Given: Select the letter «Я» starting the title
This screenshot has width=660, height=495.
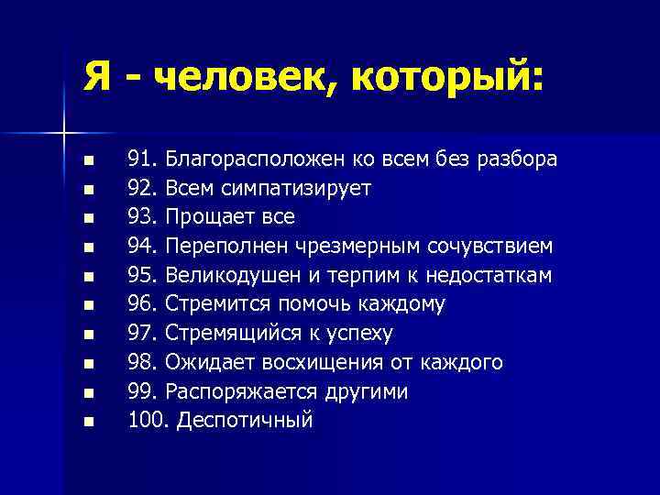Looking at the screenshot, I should coord(99,76).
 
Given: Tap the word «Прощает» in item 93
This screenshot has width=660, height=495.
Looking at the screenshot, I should coord(210,217).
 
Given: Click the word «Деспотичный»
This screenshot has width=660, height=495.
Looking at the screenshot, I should coord(245,421).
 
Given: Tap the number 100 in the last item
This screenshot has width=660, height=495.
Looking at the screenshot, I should coord(147,421).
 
